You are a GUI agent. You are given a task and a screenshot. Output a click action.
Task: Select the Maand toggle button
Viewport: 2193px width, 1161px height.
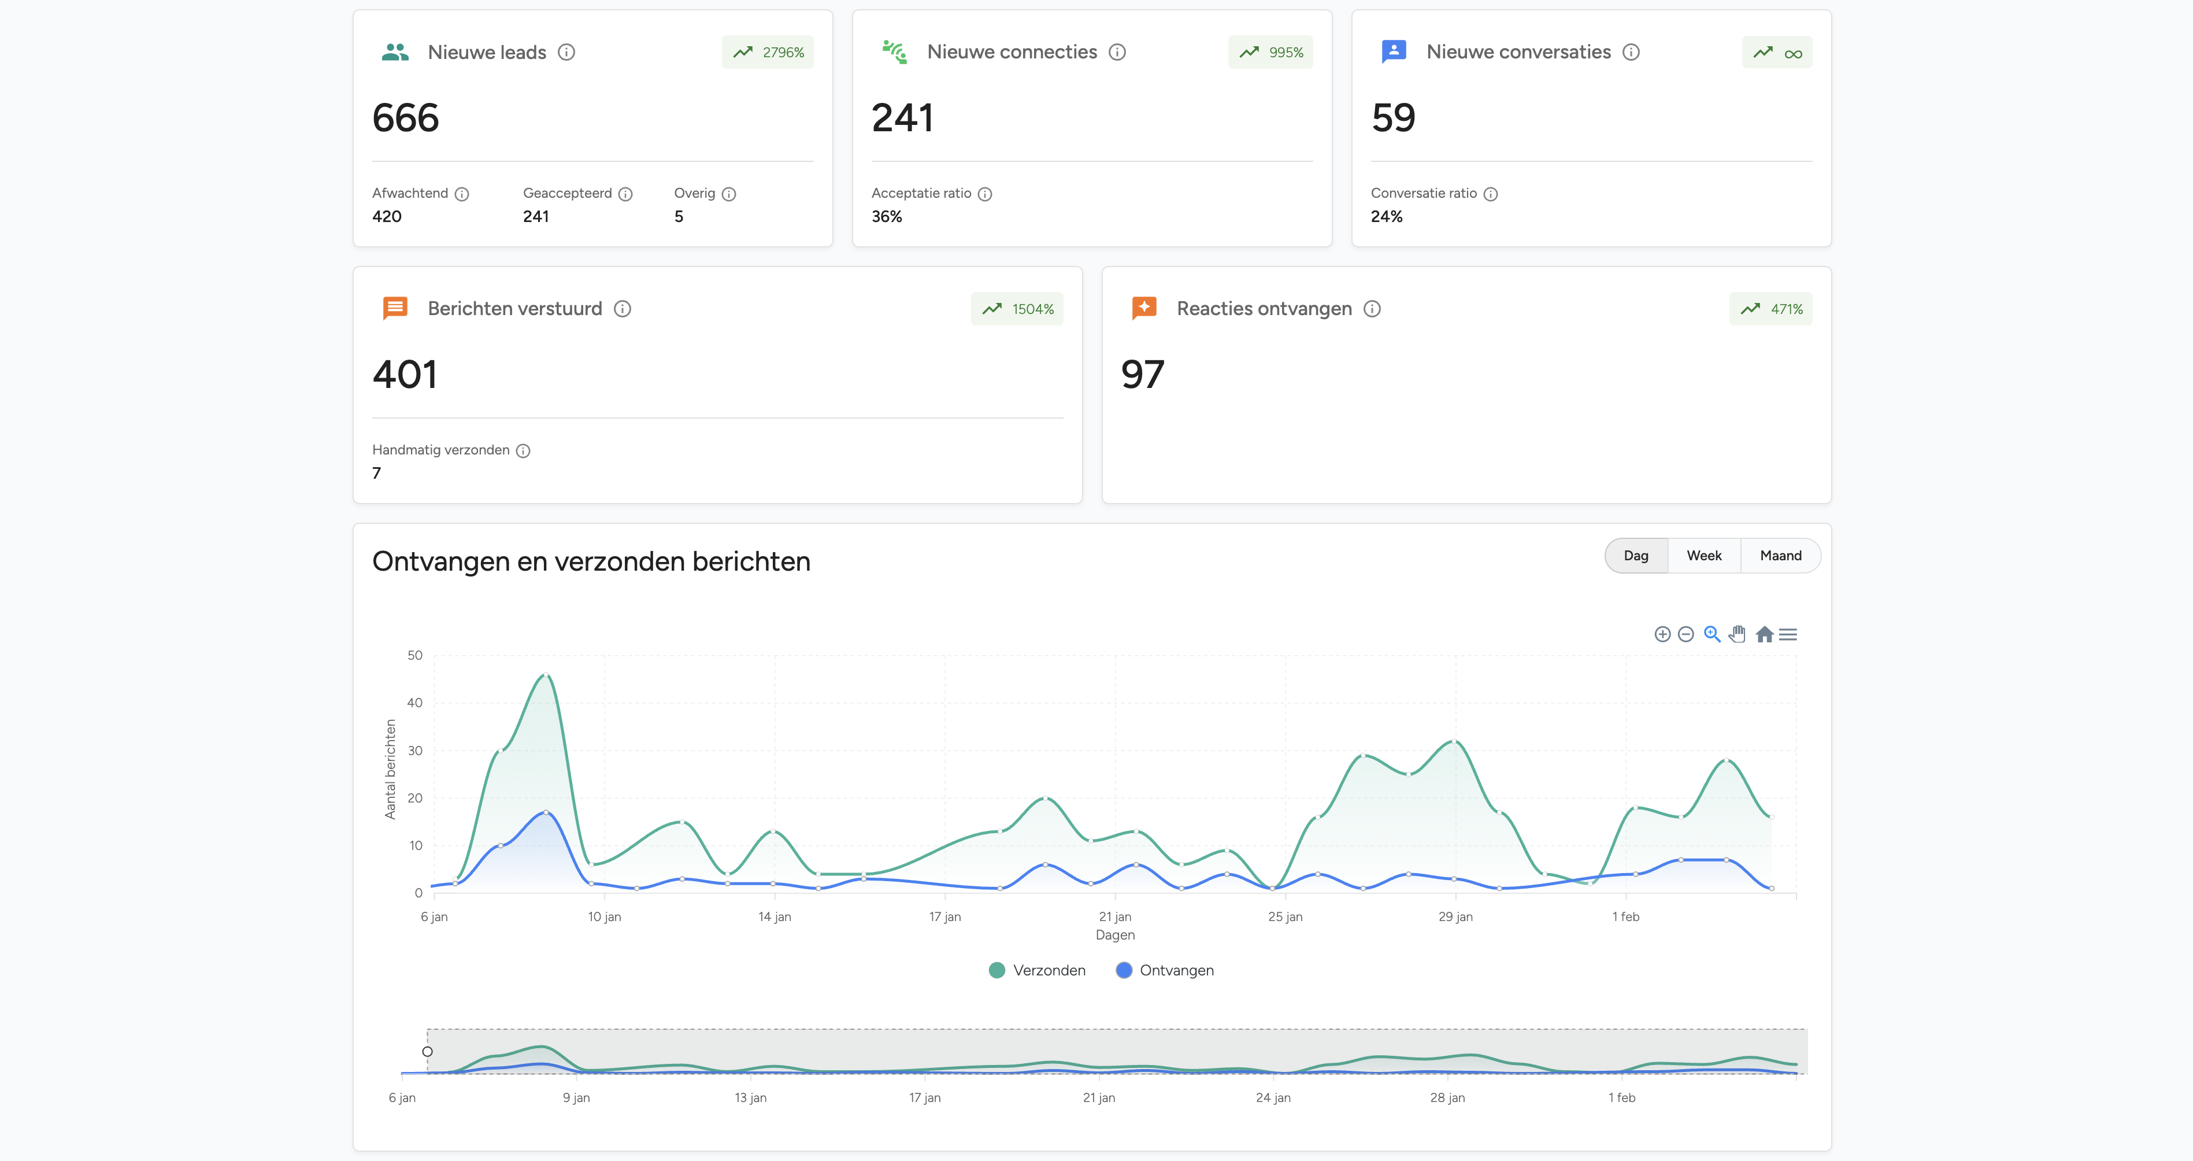coord(1780,556)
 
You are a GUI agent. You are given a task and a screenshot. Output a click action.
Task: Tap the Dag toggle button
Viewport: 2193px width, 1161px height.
coord(1635,556)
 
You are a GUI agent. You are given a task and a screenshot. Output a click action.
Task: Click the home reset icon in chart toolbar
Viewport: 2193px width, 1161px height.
coord(1764,635)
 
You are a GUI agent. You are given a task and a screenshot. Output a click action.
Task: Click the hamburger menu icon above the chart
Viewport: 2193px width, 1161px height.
coord(1788,635)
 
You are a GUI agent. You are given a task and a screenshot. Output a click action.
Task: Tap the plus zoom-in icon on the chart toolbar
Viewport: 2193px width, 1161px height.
coord(1662,635)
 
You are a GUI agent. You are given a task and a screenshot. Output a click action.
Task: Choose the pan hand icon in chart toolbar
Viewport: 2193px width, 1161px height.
coord(1738,635)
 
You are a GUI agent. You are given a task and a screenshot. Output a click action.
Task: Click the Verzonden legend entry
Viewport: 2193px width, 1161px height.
coord(1037,970)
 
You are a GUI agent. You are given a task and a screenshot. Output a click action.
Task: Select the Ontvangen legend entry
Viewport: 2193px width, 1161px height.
coord(1165,970)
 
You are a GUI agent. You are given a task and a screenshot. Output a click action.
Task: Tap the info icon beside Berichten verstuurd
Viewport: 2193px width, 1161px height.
coord(623,309)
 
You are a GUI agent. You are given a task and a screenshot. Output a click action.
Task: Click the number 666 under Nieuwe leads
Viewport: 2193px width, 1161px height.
coord(405,117)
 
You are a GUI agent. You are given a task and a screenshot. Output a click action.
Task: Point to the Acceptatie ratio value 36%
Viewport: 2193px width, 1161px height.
coord(886,216)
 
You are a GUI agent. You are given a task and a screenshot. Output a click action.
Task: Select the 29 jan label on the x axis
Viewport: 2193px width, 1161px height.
coord(1455,916)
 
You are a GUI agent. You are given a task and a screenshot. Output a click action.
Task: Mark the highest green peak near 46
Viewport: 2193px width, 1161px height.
coord(546,675)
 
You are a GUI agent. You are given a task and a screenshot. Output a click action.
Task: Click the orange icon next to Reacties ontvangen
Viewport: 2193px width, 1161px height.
coord(1144,308)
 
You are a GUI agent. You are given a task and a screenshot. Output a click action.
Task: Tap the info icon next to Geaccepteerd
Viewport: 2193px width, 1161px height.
coord(626,194)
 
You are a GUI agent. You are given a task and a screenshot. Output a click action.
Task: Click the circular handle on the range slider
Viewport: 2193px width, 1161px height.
coord(427,1051)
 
